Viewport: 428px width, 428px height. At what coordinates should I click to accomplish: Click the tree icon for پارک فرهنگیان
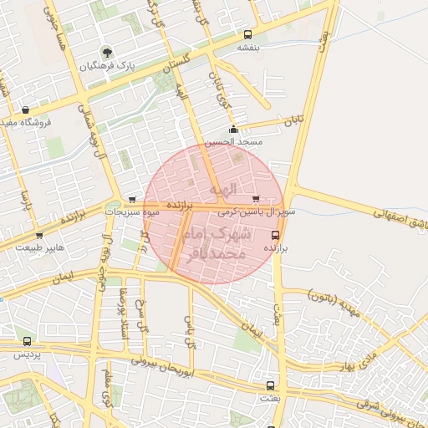105,52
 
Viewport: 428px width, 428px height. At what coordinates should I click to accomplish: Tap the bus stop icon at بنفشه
247,35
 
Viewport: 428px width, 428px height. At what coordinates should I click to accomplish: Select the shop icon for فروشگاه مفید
25,110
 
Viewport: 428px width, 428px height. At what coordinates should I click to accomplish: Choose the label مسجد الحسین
237,143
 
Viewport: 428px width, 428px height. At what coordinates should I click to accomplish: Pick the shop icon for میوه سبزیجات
133,200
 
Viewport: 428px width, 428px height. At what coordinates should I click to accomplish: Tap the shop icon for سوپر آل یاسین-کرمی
255,199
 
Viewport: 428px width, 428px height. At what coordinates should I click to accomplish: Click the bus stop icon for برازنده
277,236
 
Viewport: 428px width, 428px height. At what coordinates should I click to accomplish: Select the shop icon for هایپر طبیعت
39,237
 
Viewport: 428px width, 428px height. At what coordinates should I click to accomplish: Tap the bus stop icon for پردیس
28,341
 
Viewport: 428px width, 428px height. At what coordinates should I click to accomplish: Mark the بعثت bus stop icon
269,385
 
